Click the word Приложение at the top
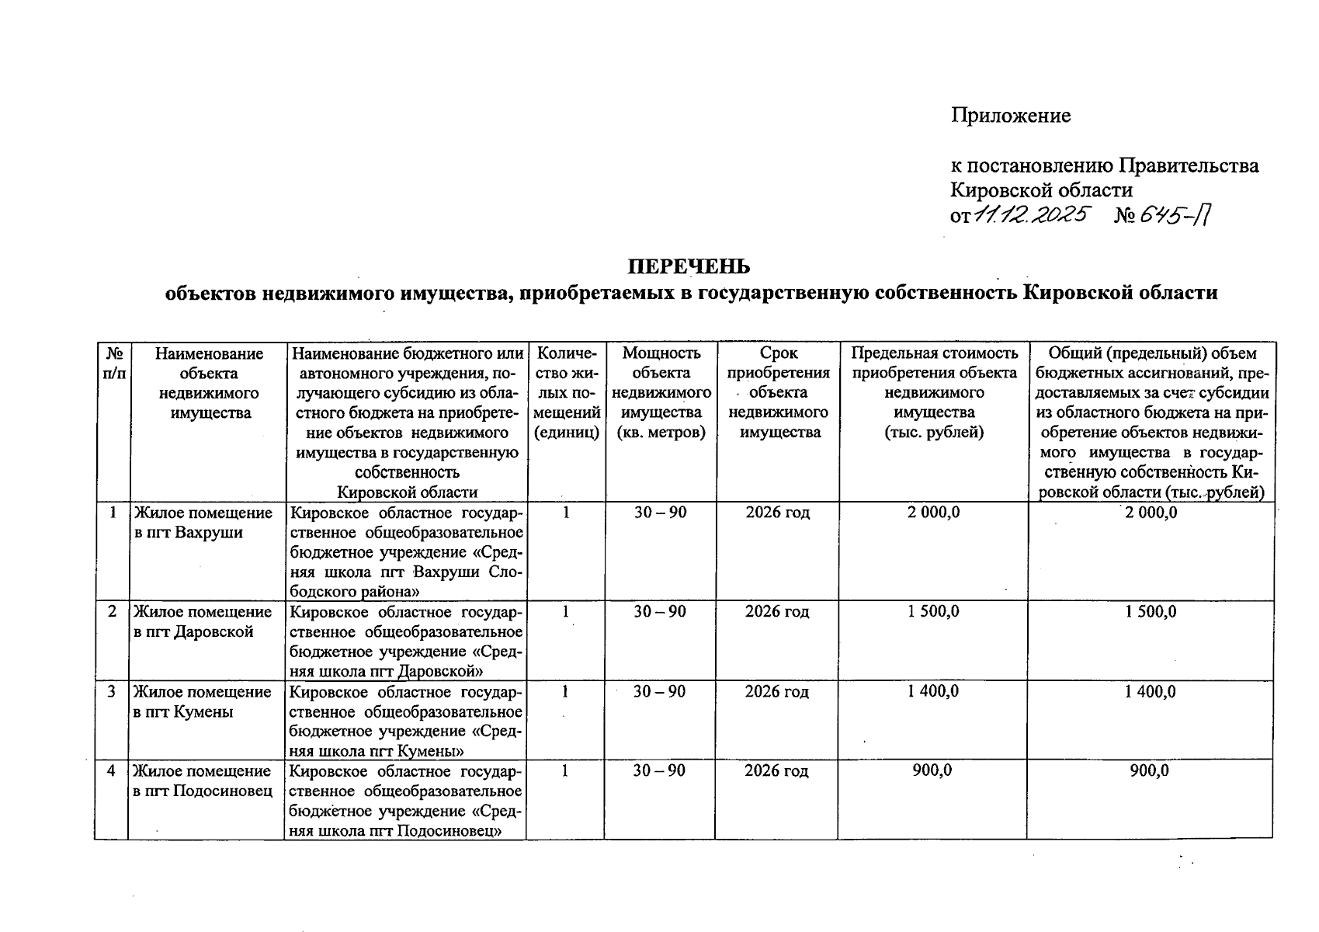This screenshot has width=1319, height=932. point(1011,116)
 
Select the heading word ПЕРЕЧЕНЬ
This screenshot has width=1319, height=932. point(689,266)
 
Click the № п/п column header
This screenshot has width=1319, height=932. point(113,363)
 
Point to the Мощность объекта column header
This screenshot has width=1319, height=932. point(661,393)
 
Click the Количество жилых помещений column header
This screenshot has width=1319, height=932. point(567,393)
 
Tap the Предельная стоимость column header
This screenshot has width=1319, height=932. point(934,393)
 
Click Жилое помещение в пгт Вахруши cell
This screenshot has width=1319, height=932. point(203,523)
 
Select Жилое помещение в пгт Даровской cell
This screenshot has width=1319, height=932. point(203,621)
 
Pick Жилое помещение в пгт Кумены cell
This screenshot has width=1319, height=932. point(203,701)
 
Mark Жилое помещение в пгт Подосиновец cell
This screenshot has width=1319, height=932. point(203,781)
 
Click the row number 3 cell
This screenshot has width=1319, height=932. point(113,691)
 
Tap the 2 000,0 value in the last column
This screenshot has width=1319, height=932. point(1151,513)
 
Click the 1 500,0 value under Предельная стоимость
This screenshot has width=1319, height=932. point(933,611)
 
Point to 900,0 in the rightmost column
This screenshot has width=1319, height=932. point(1150,770)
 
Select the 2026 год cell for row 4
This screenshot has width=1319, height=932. point(776,771)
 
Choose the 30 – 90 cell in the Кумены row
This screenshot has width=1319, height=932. point(659,691)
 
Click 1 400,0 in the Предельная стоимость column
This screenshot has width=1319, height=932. point(933,691)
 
